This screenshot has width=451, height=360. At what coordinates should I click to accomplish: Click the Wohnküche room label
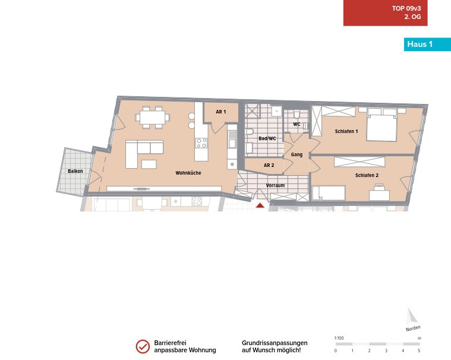click(x=188, y=173)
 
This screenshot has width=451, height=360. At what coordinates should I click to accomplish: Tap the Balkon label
click(x=75, y=171)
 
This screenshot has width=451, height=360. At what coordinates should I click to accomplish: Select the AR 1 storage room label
click(x=221, y=112)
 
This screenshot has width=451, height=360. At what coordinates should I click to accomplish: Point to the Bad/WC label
click(x=267, y=138)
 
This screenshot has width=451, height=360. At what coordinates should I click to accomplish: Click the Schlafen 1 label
click(x=346, y=131)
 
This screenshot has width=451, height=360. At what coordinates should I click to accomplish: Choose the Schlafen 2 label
click(x=367, y=175)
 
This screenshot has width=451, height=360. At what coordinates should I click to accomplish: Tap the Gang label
click(x=297, y=154)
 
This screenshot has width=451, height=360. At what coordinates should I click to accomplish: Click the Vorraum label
click(x=275, y=185)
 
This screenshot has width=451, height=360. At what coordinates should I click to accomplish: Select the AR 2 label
click(x=269, y=165)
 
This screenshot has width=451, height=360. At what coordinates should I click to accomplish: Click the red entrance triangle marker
click(x=260, y=206)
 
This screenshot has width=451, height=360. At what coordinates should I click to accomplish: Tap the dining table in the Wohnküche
click(x=153, y=117)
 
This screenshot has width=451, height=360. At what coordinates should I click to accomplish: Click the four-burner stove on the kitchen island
click(x=201, y=143)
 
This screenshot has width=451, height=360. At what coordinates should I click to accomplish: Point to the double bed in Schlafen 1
click(x=381, y=127)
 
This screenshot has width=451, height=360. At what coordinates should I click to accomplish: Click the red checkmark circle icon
click(x=143, y=346)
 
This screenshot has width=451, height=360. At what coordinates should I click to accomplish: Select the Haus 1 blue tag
click(x=427, y=45)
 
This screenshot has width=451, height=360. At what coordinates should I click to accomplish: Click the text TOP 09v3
click(x=406, y=8)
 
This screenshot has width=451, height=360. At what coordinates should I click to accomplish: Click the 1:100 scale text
click(x=339, y=338)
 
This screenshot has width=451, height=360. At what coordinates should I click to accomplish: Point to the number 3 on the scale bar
click(x=386, y=350)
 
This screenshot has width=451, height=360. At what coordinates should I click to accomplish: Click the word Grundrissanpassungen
click(x=275, y=343)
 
